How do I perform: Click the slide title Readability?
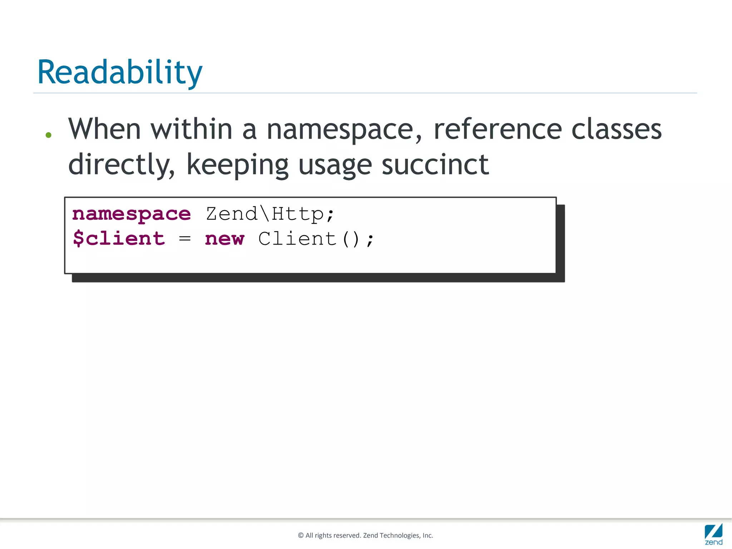click(120, 73)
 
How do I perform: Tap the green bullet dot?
click(49, 135)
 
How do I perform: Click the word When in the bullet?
click(104, 129)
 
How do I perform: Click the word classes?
click(617, 129)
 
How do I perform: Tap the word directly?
click(122, 165)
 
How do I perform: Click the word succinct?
click(435, 165)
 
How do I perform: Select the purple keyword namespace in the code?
click(132, 214)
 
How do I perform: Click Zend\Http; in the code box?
click(270, 214)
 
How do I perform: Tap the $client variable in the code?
click(119, 238)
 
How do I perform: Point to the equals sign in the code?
click(184, 238)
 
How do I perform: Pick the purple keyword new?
click(224, 239)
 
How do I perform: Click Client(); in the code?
click(316, 239)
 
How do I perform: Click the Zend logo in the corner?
click(713, 534)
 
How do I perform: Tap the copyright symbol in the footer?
click(301, 535)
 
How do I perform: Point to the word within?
click(192, 129)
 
